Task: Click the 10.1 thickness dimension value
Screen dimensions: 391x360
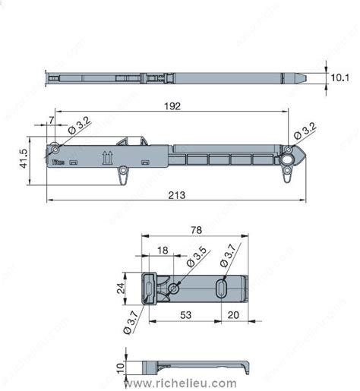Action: coord(340,77)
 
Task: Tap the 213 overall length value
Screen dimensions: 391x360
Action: coord(177,195)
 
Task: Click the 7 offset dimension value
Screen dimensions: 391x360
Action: coord(51,119)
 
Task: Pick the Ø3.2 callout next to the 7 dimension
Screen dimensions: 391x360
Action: coord(79,126)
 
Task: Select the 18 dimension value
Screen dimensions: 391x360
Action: coord(163,250)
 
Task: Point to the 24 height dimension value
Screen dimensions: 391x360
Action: coord(121,289)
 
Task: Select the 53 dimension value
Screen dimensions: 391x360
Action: coord(185,315)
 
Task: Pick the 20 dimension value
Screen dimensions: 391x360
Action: coord(234,315)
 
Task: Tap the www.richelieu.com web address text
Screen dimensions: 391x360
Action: coord(180,383)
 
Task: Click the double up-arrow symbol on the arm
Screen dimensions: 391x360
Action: coord(107,158)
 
